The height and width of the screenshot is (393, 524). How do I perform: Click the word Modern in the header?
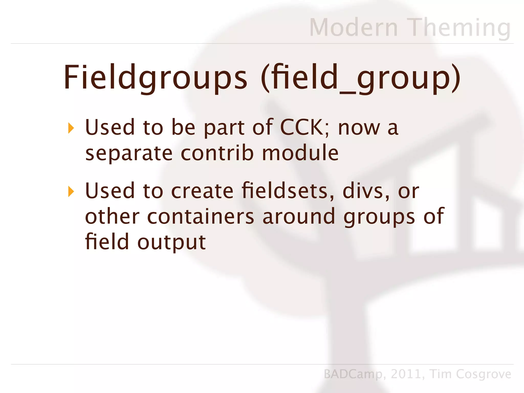coord(354,27)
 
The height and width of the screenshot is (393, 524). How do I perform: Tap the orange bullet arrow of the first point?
coord(71,128)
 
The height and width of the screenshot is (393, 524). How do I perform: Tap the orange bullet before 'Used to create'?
coord(71,192)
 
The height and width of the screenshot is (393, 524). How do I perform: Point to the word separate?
coord(129,154)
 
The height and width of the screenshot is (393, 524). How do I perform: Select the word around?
coord(299,216)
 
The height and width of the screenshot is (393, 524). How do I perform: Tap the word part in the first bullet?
coord(224,128)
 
